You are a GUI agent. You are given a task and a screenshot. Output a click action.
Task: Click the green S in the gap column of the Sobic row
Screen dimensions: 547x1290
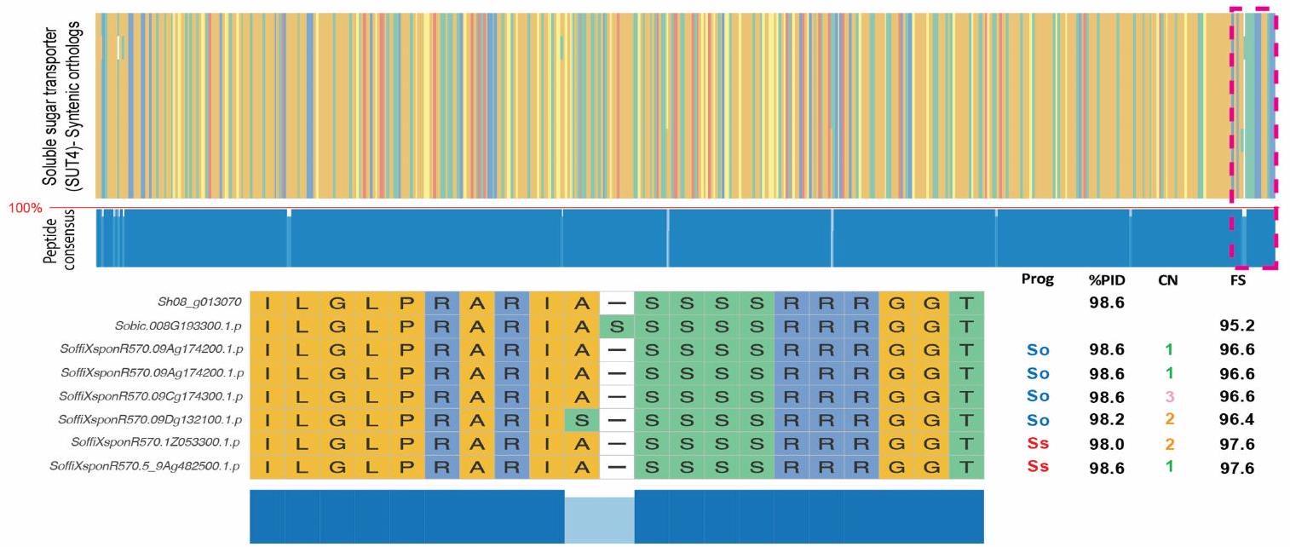coord(617,325)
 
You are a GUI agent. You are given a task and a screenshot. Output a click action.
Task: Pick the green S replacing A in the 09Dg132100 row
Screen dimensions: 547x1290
coord(581,420)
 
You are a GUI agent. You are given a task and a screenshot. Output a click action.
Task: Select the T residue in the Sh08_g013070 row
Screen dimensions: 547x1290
coord(966,302)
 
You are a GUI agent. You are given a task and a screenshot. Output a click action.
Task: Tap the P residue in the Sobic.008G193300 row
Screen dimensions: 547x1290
coord(406,325)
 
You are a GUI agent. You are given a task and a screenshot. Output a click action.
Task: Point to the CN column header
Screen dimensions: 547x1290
coord(1168,280)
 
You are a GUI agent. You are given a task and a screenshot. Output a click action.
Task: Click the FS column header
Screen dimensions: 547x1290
coord(1238,280)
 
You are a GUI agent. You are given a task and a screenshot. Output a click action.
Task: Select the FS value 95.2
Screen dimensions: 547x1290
coord(1238,325)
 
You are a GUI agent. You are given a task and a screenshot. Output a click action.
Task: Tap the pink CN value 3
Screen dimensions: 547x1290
coord(1168,396)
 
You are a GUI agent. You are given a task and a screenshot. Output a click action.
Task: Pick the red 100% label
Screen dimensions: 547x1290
coord(24,208)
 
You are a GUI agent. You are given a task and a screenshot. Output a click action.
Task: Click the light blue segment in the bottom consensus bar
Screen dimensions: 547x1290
coord(599,516)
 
